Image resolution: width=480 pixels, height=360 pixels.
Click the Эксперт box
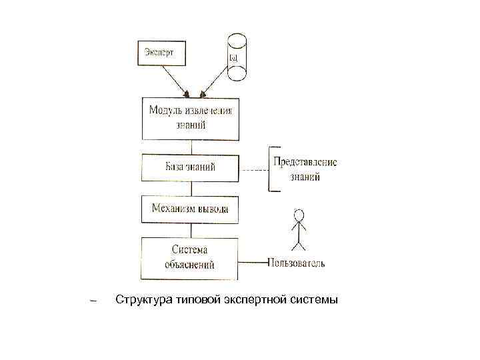[x=162, y=53]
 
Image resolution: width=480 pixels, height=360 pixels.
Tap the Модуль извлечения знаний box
[x=191, y=118]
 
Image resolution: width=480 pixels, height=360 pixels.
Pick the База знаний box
[x=191, y=167]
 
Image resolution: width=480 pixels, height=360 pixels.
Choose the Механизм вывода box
[x=191, y=209]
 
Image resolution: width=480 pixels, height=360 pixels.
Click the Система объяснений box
[x=189, y=258]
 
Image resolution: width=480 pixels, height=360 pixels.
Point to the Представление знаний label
[x=305, y=169]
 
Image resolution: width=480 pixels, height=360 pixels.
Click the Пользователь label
[x=297, y=263]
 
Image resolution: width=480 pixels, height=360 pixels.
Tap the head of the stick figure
[x=299, y=215]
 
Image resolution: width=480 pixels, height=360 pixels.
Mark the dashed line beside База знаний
[x=253, y=170]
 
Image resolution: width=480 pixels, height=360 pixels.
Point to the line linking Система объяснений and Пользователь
[x=253, y=261]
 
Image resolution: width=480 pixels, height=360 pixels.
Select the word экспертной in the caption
[x=255, y=301]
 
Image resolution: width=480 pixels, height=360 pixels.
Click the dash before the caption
[x=93, y=301]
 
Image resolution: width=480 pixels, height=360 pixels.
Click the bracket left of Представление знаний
[x=271, y=169]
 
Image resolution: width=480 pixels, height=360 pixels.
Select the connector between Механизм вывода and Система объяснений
[x=191, y=230]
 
